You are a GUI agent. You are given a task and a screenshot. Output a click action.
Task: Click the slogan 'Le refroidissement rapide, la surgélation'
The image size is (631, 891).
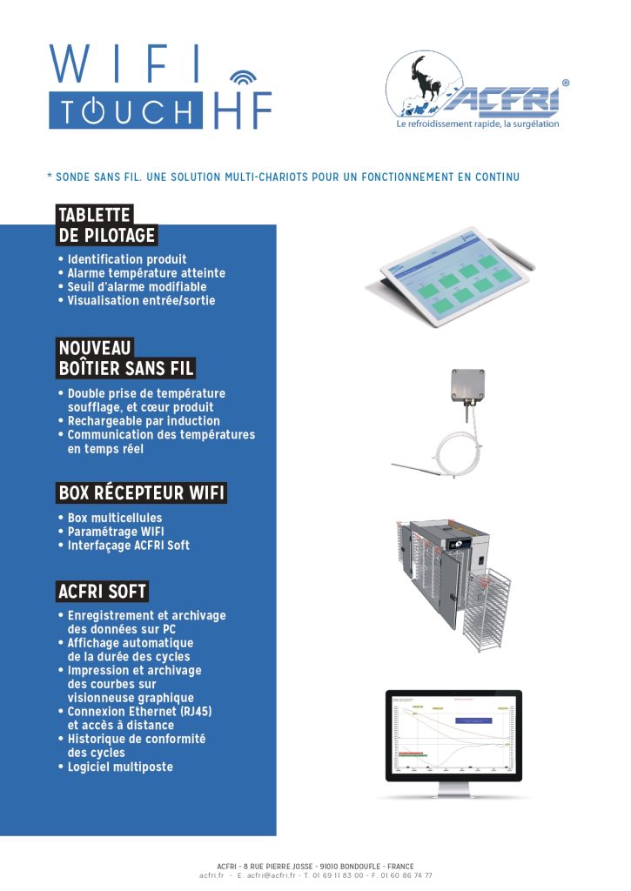[477, 124]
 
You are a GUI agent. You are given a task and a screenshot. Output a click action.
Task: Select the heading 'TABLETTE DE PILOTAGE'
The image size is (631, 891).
[106, 225]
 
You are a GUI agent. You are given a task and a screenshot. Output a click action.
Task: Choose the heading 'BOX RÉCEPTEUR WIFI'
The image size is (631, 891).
[141, 493]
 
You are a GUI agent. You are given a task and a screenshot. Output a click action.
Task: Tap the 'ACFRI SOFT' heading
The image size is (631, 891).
[102, 593]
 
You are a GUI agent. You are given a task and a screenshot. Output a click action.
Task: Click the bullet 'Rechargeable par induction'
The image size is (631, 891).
[144, 421]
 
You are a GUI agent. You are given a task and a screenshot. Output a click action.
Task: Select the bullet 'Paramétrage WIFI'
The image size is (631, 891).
[116, 532]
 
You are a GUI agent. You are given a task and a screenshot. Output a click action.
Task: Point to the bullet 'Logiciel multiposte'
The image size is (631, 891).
[120, 767]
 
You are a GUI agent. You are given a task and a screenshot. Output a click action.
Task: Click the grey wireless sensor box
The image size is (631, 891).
[467, 384]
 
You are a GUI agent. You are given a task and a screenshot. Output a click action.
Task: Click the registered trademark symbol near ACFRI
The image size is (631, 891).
[566, 84]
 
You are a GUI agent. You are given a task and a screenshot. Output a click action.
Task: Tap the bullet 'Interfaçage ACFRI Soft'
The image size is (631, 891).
[128, 546]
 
